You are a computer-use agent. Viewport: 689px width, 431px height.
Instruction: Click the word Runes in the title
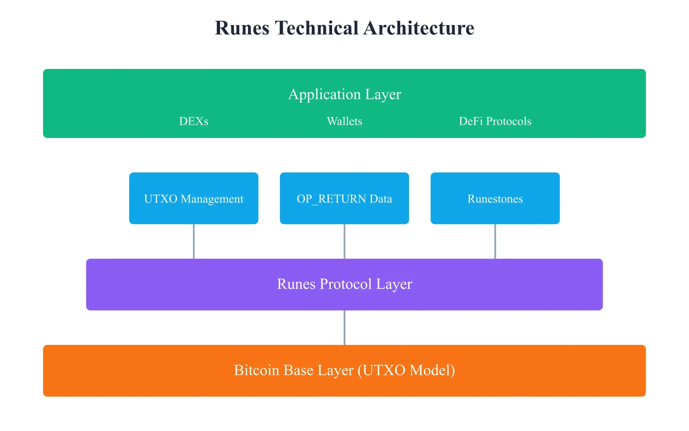click(x=242, y=28)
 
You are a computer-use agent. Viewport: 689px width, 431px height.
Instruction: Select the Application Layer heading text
click(x=344, y=94)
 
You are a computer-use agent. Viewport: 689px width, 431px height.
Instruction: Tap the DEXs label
click(x=193, y=121)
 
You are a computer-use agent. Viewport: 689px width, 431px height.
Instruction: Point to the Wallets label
click(x=344, y=121)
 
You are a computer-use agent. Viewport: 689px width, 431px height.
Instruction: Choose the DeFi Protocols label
click(x=495, y=121)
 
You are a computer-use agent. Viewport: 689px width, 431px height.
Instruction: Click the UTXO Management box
click(x=193, y=198)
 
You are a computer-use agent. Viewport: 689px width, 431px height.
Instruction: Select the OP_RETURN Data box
click(x=344, y=198)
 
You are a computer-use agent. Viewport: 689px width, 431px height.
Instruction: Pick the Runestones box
click(x=495, y=198)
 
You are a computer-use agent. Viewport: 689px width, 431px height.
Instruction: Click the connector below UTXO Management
click(x=193, y=241)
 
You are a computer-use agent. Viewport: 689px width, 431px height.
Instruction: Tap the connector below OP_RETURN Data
click(x=344, y=241)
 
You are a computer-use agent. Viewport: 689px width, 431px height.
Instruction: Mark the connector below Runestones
click(x=495, y=241)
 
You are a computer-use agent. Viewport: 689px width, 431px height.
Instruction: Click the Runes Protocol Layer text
click(x=344, y=284)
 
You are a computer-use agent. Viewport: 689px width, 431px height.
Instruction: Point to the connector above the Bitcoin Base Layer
click(x=344, y=328)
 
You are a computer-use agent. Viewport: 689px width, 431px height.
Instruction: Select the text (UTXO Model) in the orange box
click(x=406, y=370)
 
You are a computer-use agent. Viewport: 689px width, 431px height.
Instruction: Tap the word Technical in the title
click(x=316, y=28)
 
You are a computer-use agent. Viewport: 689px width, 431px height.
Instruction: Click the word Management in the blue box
click(x=212, y=199)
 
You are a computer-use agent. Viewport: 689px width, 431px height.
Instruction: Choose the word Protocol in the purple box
click(x=346, y=284)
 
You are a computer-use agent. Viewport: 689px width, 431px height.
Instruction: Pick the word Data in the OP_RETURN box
click(x=381, y=199)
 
